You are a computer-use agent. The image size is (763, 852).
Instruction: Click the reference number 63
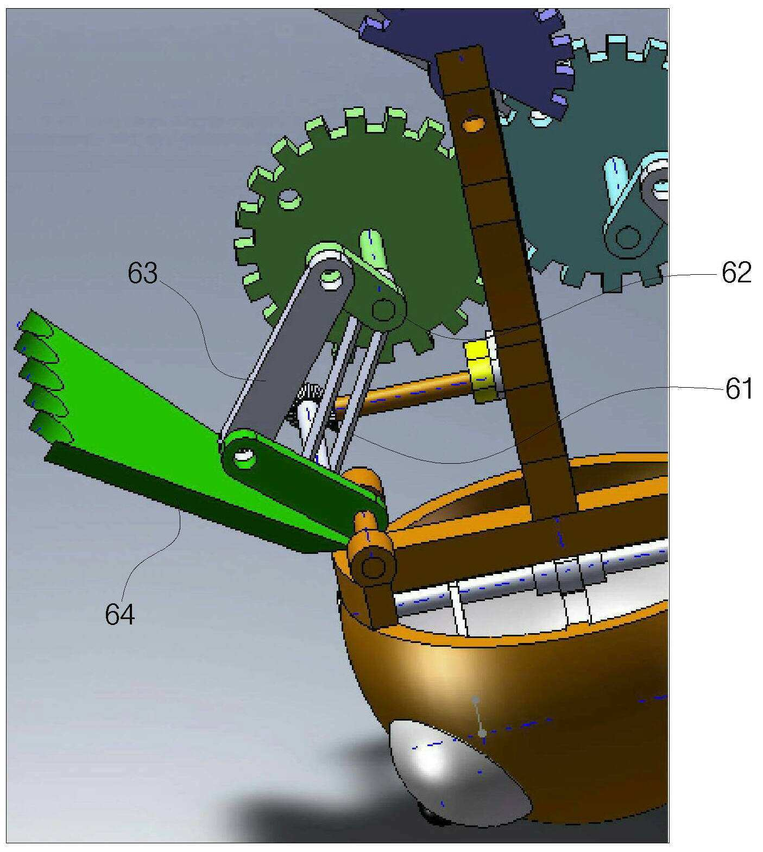point(142,274)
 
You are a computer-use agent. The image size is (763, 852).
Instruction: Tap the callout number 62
point(736,273)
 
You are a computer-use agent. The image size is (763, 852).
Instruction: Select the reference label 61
point(739,389)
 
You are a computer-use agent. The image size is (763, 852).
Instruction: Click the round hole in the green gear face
point(289,199)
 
